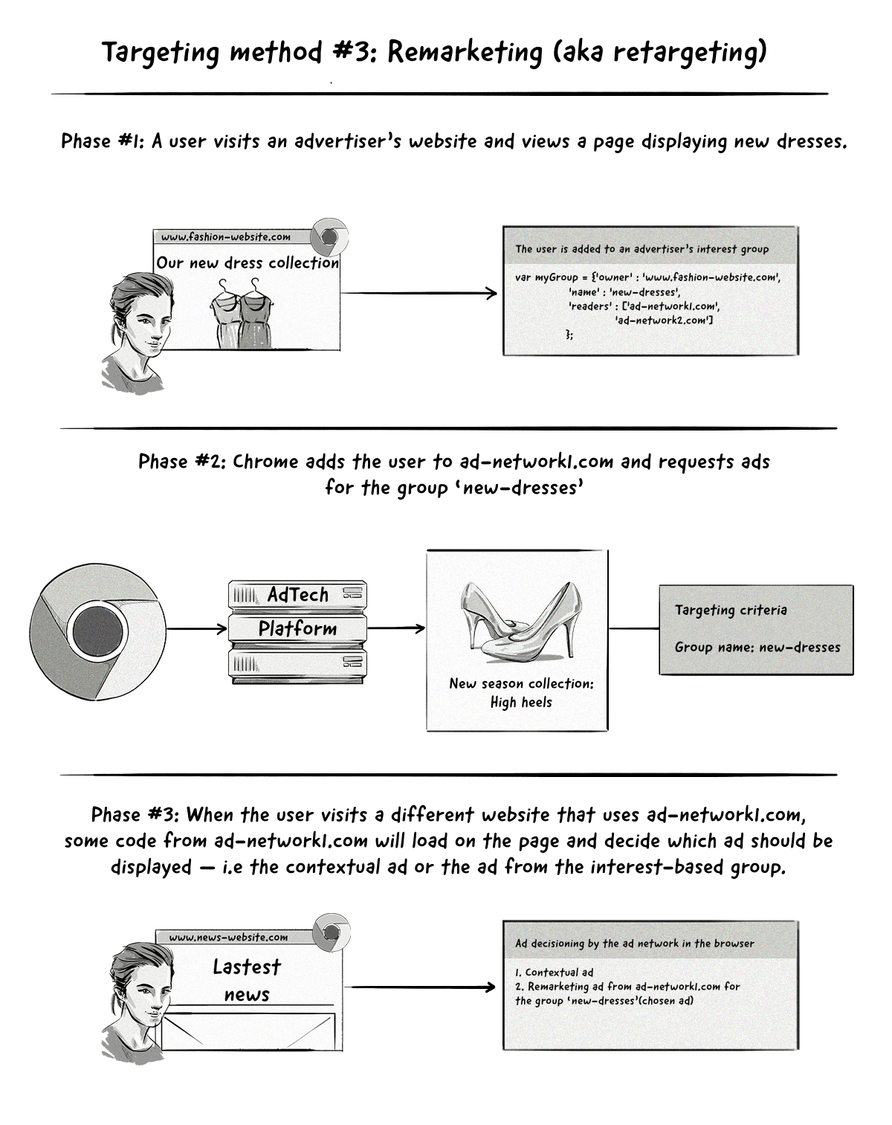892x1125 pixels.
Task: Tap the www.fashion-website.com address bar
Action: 226,237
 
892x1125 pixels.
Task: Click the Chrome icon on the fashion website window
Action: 328,236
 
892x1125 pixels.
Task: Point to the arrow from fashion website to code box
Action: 418,293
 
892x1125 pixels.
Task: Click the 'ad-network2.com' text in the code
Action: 664,320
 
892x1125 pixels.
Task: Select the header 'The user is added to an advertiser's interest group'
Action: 642,249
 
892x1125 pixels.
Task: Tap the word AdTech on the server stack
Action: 297,595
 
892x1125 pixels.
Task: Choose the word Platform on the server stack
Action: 297,628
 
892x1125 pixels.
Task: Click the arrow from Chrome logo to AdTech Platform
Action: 197,630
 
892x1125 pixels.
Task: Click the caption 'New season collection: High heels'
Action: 521,692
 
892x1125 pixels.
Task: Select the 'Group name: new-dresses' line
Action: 757,647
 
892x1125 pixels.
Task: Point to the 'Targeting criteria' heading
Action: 731,610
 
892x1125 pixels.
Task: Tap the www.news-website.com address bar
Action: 228,938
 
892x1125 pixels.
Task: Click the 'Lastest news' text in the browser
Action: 247,980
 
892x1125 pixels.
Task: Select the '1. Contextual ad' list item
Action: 554,972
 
